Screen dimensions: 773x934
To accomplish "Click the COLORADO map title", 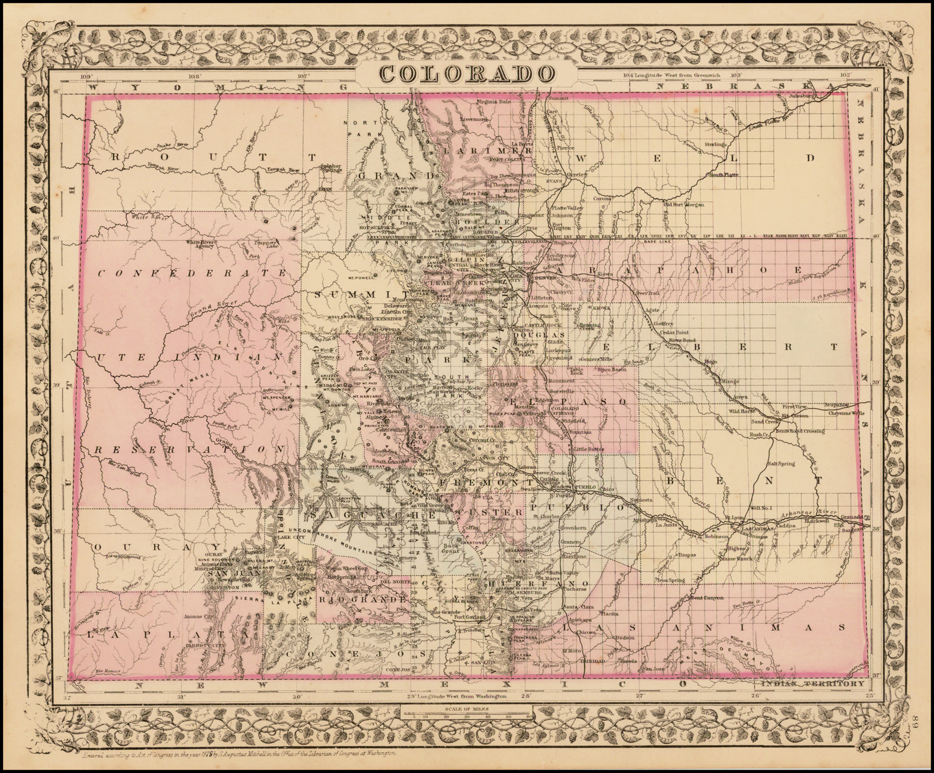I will point(467,74).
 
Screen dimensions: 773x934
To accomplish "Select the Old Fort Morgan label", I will point(684,204).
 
